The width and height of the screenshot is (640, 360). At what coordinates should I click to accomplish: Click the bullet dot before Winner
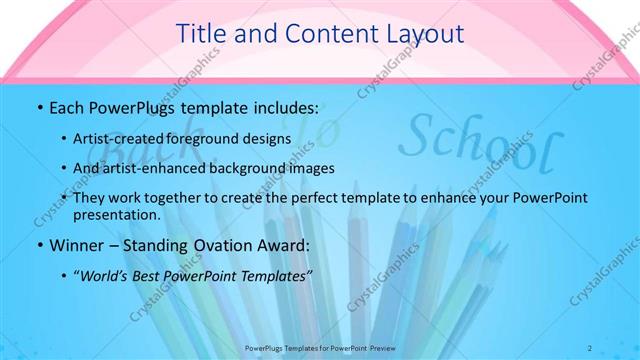39,245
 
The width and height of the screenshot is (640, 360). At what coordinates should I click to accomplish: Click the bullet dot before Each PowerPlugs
39,107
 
